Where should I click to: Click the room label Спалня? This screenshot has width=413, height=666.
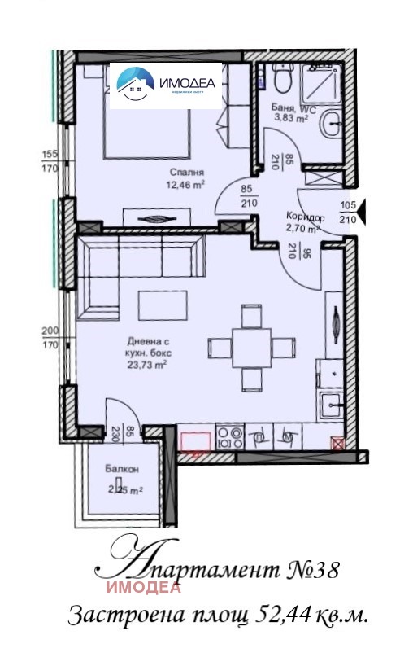pyautogui.click(x=186, y=172)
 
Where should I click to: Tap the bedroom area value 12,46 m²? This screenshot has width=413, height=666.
pyautogui.click(x=186, y=184)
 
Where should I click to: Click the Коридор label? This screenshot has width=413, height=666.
pyautogui.click(x=306, y=217)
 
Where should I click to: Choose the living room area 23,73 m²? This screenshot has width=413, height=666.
pyautogui.click(x=146, y=366)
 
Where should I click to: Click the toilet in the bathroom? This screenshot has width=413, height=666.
pyautogui.click(x=282, y=80)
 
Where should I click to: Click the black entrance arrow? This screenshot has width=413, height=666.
pyautogui.click(x=363, y=213)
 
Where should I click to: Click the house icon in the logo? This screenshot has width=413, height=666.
pyautogui.click(x=135, y=82)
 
